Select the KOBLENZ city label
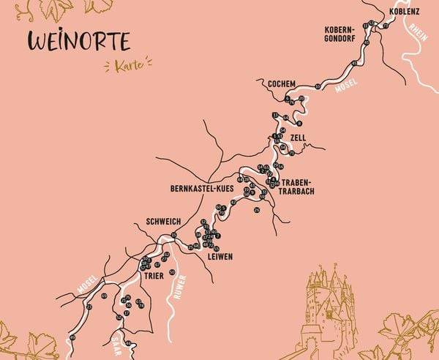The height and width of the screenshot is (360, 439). tap(405, 12)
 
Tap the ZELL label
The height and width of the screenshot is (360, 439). tap(297, 138)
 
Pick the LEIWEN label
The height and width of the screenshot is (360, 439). tap(220, 258)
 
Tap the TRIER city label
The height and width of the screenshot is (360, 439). tap(154, 277)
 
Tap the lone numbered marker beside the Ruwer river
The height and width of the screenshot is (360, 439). tap(172, 272)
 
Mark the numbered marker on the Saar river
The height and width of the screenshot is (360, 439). tap(129, 342)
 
